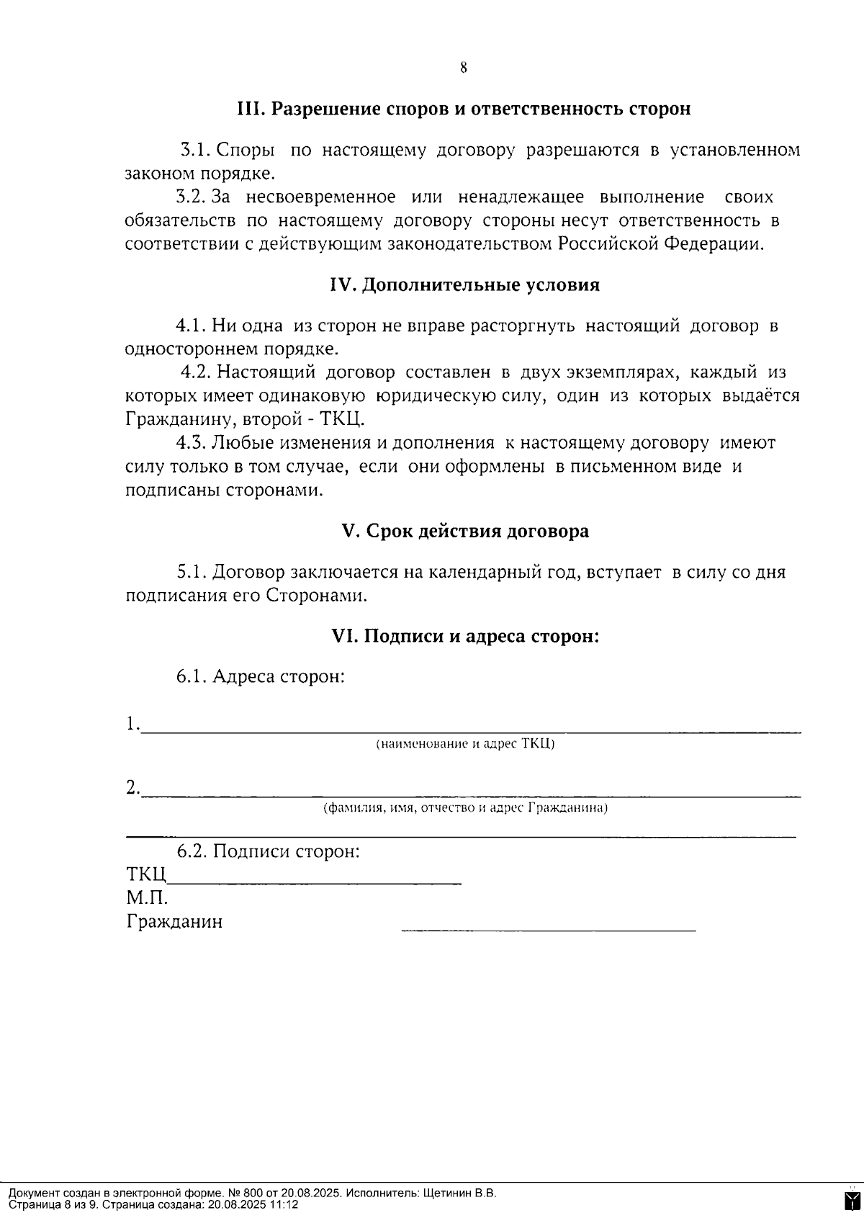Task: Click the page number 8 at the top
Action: click(x=463, y=68)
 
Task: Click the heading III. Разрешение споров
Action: click(x=464, y=109)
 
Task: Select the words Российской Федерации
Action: click(x=660, y=243)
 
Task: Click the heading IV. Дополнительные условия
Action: click(x=464, y=285)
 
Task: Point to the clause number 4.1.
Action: click(x=192, y=326)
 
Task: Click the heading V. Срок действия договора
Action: click(x=464, y=531)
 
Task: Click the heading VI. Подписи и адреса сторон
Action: click(x=465, y=636)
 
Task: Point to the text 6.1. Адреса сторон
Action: click(x=261, y=677)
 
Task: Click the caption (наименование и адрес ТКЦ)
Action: click(x=465, y=744)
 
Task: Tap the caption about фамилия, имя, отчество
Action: click(x=465, y=807)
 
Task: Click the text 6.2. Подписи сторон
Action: click(x=268, y=851)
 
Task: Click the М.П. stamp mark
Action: click(x=147, y=898)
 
